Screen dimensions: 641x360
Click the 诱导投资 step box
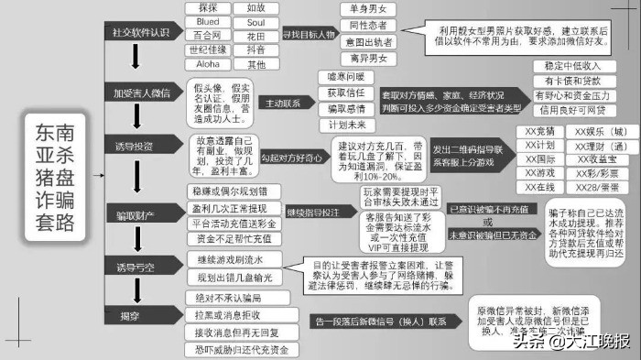coord(135,147)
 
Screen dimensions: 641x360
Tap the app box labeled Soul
coord(255,22)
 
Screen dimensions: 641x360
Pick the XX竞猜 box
coord(540,131)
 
